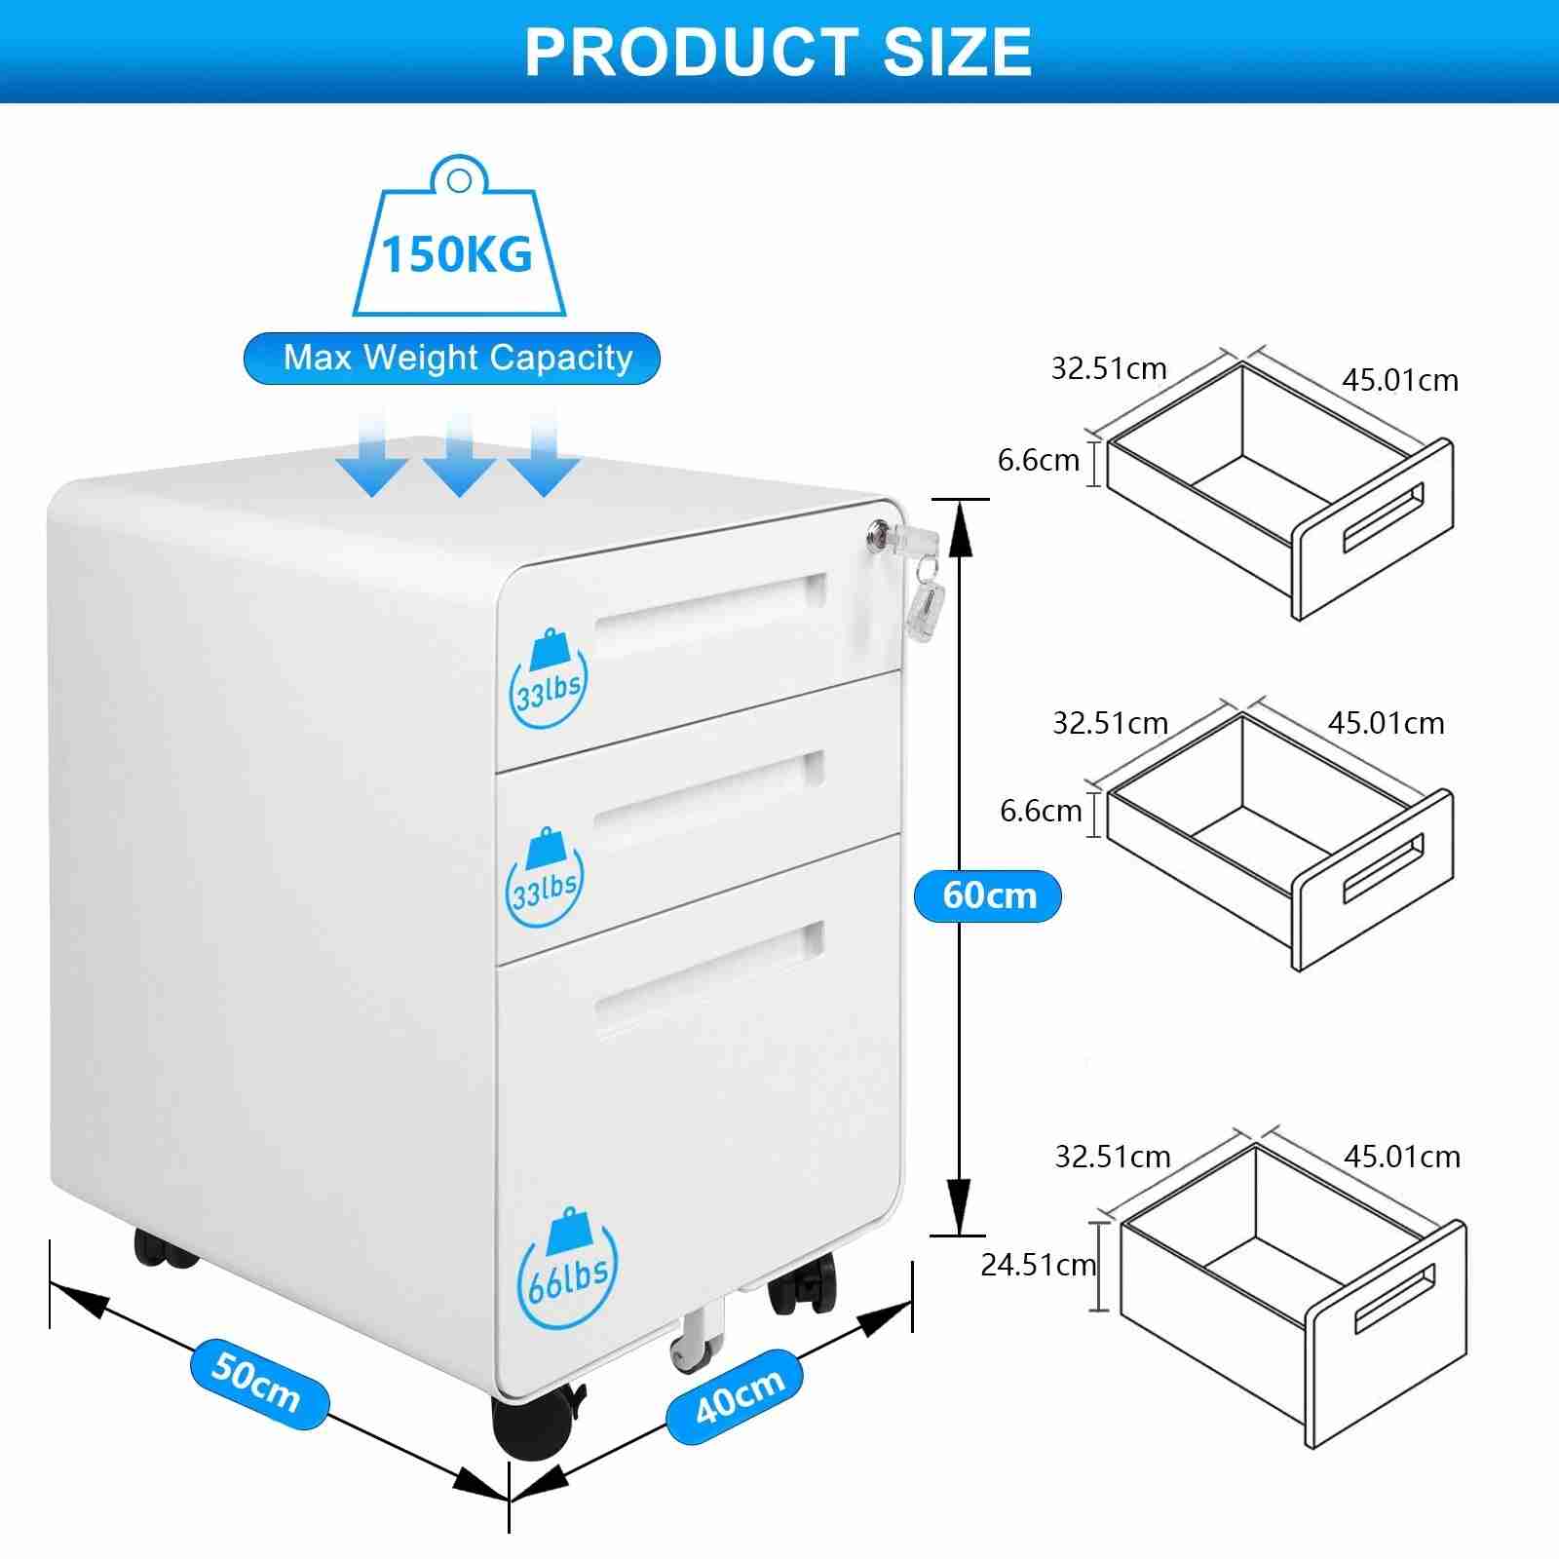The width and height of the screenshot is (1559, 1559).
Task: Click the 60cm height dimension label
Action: (988, 895)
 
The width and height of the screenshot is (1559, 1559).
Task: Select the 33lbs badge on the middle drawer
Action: (546, 882)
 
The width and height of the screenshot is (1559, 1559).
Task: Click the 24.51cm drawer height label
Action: (1038, 1265)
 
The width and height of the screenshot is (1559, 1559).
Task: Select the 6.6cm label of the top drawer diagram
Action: (1038, 460)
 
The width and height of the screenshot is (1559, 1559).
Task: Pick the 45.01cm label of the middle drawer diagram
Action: (1386, 723)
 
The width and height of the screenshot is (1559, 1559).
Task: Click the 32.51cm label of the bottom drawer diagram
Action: (1112, 1157)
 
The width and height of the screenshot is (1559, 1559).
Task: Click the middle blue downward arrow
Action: (459, 453)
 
